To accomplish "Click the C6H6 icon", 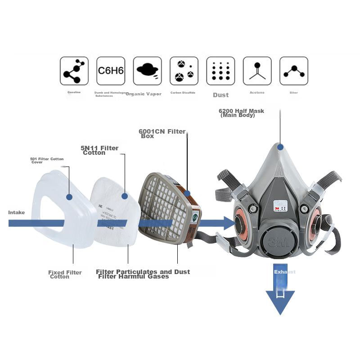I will point(111,71).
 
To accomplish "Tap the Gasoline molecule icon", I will point(74,71).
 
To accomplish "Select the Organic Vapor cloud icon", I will point(147,71).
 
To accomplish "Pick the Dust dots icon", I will point(220,71).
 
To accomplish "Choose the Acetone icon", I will point(257,71).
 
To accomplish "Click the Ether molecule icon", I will point(294,71).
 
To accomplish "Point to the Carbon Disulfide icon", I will point(184,71).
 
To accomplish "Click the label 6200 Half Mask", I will point(241,112).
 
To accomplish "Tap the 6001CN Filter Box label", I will point(162,134).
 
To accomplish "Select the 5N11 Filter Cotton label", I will point(99,150).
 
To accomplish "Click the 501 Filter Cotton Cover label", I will point(47,160).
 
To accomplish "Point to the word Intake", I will point(17,212).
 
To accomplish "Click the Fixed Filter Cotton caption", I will point(65,274).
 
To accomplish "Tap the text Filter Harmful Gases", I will point(134,276).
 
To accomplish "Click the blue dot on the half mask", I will point(280,147).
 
